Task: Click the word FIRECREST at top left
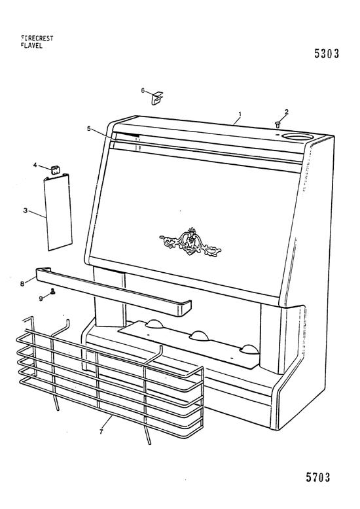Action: pos(37,39)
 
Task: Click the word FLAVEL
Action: pos(31,46)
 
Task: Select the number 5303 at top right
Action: pos(327,54)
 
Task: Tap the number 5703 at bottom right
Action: pos(317,477)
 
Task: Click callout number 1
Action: pos(240,114)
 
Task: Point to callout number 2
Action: pos(286,112)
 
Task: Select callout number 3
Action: pos(26,211)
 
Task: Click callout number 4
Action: pos(35,165)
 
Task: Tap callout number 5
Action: pos(89,128)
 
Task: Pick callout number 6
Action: pos(143,90)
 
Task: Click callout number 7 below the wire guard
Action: pos(101,431)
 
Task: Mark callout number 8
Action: pos(22,284)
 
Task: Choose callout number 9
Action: pos(41,298)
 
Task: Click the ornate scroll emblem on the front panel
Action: pos(190,242)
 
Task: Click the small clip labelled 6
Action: pos(157,98)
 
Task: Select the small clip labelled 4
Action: pos(56,169)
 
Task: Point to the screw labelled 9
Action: pos(52,292)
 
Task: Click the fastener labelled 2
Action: pos(278,124)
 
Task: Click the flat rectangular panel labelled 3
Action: pos(58,212)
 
